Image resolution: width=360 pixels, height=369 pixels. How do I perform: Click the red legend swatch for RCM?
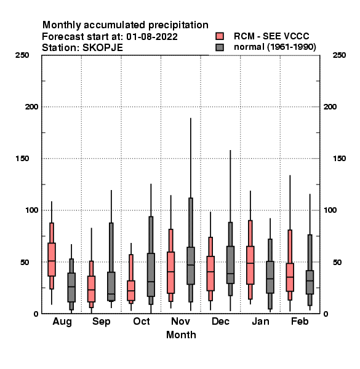pyautogui.click(x=220, y=36)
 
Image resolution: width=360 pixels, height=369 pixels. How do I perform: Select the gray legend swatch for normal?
pyautogui.click(x=220, y=47)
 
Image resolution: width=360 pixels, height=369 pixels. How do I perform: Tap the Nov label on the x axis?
pyautogui.click(x=180, y=321)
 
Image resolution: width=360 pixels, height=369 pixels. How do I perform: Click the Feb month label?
pyautogui.click(x=300, y=321)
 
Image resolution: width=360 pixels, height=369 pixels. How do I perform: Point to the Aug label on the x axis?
pyautogui.click(x=62, y=322)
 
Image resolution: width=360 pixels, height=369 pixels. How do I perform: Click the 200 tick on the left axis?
pyautogui.click(x=31, y=107)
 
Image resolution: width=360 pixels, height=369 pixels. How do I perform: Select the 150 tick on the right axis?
pyautogui.click(x=339, y=159)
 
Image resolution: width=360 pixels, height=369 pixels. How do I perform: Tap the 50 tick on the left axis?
pyautogui.click(x=24, y=262)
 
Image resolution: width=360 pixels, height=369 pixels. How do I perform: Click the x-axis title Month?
pyautogui.click(x=181, y=335)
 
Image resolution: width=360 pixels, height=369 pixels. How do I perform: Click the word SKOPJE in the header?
pyautogui.click(x=103, y=48)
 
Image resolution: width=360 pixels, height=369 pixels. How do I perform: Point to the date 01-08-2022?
pyautogui.click(x=152, y=37)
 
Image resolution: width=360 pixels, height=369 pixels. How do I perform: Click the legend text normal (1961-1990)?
pyautogui.click(x=275, y=47)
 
